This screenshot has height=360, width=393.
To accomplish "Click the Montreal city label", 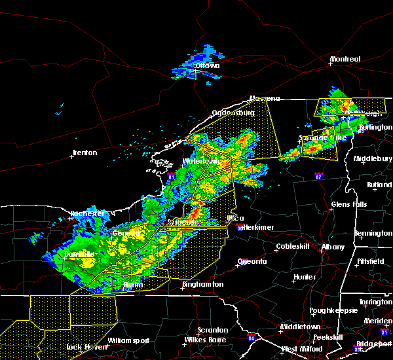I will pos(345,60).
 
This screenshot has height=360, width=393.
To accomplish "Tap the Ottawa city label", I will pos(207,65).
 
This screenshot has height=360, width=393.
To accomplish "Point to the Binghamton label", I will pos(202,285).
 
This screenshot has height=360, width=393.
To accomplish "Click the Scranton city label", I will pos(214,330).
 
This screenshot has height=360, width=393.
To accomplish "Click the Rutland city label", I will pos(379,185).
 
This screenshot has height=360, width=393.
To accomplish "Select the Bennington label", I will pos(373,233).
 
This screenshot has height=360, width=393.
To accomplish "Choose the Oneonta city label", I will pos(252,261).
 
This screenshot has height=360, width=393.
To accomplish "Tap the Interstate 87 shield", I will pos(318,176).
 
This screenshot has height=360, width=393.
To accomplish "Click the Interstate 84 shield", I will pos(252,338).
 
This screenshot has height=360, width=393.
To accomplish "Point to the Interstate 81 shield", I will pos(172,177).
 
